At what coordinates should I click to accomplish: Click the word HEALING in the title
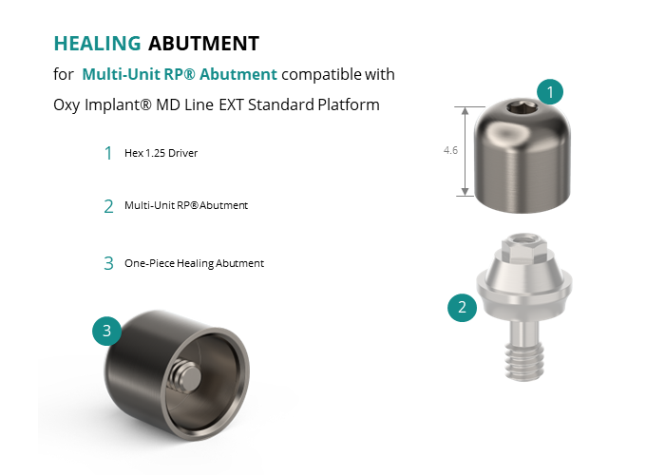point(97,44)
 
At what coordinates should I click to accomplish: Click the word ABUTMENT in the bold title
point(203,44)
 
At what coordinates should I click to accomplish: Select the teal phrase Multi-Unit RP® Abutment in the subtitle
point(180,74)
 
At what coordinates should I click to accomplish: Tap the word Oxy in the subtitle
point(66,105)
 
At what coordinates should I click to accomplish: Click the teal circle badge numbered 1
point(550,91)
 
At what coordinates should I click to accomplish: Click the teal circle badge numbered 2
point(463,307)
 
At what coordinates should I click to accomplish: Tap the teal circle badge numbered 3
point(106,331)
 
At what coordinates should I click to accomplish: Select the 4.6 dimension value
point(450,150)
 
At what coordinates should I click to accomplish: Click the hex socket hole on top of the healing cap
point(522,108)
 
